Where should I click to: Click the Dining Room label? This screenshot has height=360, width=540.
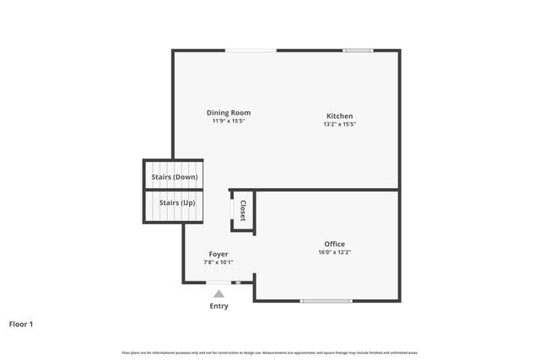229,112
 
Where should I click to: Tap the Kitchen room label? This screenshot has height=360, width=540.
340,116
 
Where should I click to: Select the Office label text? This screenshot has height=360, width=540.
334,244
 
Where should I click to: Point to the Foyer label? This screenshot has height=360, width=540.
219,254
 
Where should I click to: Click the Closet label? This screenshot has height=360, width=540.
243,211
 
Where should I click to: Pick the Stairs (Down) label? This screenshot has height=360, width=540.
174,177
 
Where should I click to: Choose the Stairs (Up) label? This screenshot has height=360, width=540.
174,203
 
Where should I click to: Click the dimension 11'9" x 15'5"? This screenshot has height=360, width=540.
229,121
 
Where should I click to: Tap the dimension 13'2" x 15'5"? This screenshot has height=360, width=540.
340,124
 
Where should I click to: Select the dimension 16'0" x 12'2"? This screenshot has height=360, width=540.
334,252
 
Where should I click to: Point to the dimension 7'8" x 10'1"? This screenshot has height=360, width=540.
219,262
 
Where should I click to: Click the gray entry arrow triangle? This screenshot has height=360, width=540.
219,293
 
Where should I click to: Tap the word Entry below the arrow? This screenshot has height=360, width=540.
219,306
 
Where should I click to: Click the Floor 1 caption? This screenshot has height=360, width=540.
21,324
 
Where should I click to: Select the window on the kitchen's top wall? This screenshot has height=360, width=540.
358,51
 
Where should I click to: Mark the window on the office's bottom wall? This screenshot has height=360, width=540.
327,301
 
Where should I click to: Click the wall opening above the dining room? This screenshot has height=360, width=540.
251,51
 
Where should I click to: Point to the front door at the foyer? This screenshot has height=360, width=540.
221,282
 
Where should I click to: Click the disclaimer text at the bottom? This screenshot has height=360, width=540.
270,352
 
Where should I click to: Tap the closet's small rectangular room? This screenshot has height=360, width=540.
243,210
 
